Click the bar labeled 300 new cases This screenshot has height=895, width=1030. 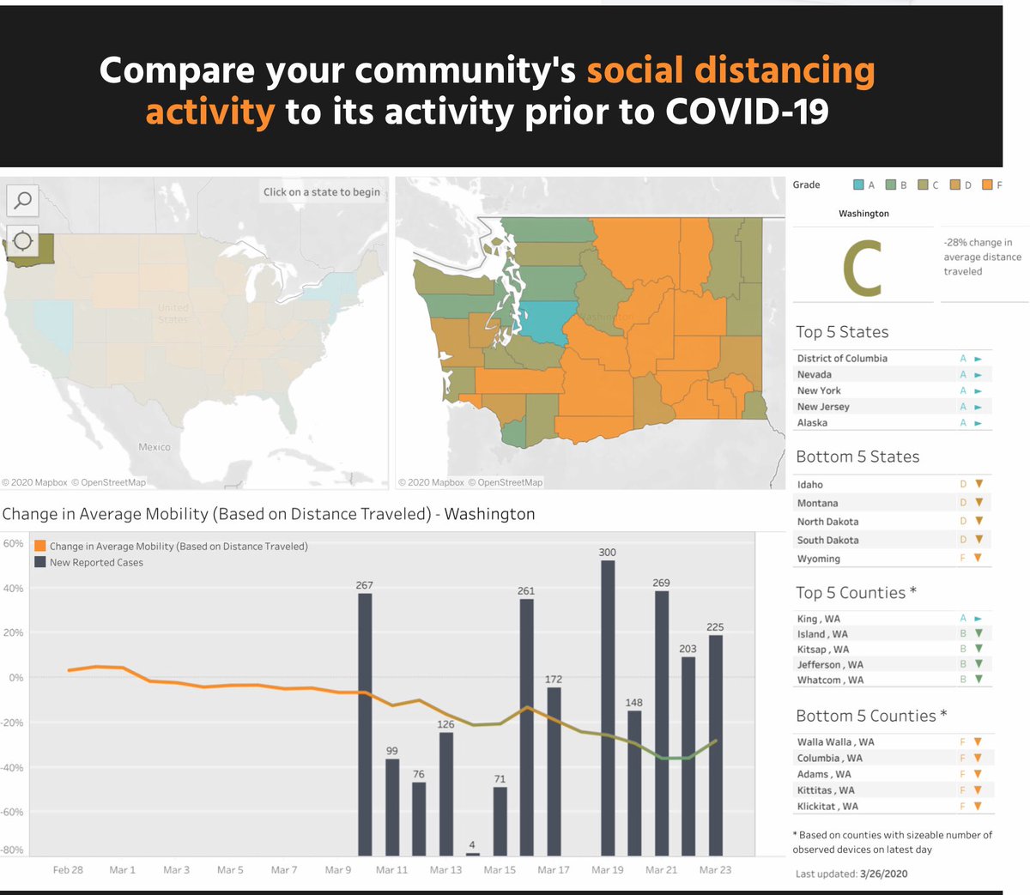click(608, 708)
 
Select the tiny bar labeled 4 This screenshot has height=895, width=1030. click(473, 854)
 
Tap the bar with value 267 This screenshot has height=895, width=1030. click(365, 724)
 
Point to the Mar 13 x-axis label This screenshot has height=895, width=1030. click(445, 870)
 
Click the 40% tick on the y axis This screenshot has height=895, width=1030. click(13, 588)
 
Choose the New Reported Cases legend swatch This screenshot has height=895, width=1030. click(40, 562)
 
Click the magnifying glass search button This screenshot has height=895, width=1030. click(22, 201)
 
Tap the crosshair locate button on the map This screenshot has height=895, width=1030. click(22, 241)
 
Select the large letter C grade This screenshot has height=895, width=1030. click(863, 268)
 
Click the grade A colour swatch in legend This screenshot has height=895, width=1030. click(858, 184)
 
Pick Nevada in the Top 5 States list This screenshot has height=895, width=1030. click(814, 374)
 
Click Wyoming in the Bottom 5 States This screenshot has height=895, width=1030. click(819, 559)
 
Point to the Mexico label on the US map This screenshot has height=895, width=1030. click(154, 447)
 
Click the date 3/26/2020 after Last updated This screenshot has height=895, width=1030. click(884, 874)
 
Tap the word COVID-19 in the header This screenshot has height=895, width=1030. click(747, 111)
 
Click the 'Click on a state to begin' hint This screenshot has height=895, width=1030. click(322, 191)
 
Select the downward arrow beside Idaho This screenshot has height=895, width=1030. click(979, 483)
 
